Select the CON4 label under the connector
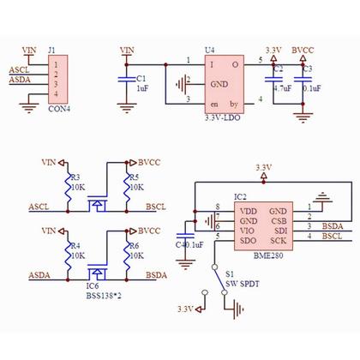tap(58, 109)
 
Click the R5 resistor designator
tap(135, 177)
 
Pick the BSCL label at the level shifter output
tap(156, 207)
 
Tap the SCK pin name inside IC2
tap(279, 240)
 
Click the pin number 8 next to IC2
tap(219, 207)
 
